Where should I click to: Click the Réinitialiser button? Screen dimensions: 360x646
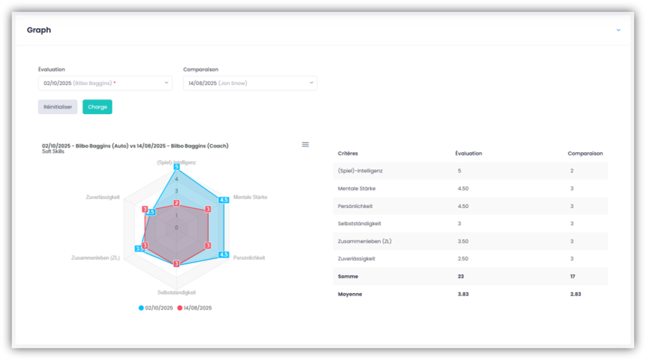57,107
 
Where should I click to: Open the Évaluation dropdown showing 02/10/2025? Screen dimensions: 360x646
105,83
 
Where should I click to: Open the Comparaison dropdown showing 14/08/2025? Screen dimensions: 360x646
250,83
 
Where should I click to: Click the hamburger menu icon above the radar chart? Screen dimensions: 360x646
305,145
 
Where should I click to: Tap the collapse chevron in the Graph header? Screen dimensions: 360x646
618,30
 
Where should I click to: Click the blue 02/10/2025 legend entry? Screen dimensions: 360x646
156,308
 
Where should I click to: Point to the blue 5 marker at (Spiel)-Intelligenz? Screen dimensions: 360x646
177,167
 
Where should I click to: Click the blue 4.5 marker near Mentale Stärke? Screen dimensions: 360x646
223,200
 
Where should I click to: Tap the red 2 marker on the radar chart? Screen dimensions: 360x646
177,203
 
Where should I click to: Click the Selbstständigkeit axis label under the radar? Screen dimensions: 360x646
177,293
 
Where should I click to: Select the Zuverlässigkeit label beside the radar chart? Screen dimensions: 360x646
103,197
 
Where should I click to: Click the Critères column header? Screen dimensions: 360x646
348,153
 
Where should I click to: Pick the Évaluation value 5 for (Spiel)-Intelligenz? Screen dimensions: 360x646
459,171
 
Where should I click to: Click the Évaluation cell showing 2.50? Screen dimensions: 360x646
463,258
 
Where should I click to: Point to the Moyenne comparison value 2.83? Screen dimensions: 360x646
575,294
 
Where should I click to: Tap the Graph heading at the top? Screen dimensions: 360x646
39,30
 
